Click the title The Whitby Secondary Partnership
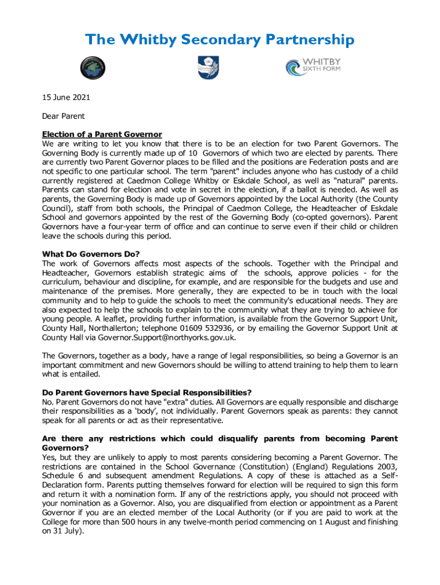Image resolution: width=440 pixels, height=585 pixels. (219, 39)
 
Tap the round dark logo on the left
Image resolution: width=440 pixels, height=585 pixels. (92, 68)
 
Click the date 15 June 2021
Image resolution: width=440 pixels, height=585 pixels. (66, 98)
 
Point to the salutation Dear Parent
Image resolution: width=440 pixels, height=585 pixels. (63, 116)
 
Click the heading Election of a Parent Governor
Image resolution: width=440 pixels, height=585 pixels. (102, 134)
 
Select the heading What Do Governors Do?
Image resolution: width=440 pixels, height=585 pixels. (91, 254)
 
